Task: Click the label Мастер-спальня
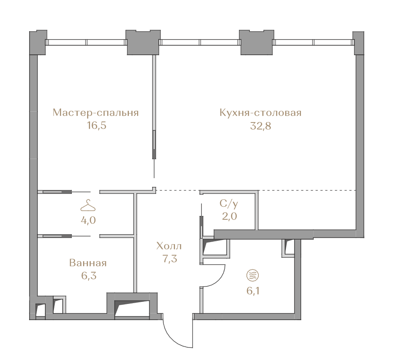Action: pos(96,113)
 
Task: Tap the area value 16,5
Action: pos(96,125)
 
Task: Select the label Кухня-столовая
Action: pos(261,113)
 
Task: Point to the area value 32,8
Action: pos(261,126)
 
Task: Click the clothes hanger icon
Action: pos(88,205)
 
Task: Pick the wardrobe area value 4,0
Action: pos(88,220)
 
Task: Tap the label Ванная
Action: pos(88,263)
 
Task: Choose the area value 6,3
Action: pos(89,276)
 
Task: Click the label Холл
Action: pos(169,246)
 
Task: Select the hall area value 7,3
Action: pos(170,259)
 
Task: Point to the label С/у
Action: pos(229,204)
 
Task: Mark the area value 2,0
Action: pos(229,216)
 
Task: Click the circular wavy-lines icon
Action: pos(253,275)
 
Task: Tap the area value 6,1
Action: pos(253,291)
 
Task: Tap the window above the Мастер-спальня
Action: pos(86,42)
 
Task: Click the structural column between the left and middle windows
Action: pos(143,42)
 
